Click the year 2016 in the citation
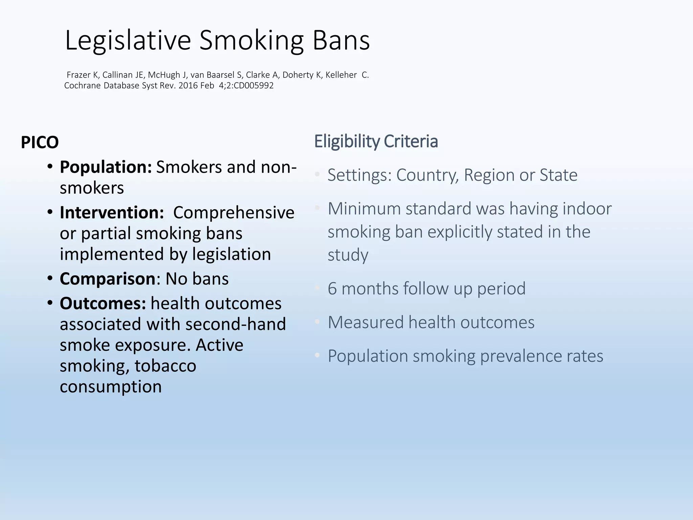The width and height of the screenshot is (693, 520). coord(188,86)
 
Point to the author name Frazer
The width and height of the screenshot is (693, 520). coord(79,75)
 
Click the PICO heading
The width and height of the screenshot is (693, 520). coord(40,142)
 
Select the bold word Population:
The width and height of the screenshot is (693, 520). coord(106,167)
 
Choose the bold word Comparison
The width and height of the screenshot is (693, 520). coord(108,279)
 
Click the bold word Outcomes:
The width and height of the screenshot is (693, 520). coord(103,303)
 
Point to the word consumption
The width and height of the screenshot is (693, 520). coord(111,387)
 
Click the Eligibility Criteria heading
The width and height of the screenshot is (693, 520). coord(376,142)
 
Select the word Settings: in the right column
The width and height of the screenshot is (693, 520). coord(359,175)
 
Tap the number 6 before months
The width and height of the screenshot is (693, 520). coord(332,289)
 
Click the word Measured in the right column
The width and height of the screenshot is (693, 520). coord(365,322)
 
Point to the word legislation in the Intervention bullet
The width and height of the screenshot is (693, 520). coord(231,254)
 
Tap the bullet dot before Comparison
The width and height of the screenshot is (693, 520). coord(50,279)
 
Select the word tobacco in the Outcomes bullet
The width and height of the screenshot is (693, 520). coord(165,366)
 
